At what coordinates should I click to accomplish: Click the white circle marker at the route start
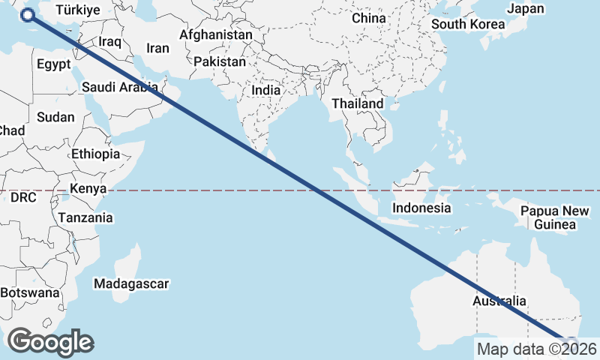(x=28, y=15)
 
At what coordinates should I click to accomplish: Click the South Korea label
(x=468, y=24)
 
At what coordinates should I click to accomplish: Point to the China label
(x=368, y=17)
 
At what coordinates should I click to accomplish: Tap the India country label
(x=265, y=90)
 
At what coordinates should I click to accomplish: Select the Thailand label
(x=358, y=103)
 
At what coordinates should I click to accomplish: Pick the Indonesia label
(x=422, y=208)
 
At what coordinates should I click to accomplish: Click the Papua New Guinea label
(x=554, y=217)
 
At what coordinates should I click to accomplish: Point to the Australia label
(x=496, y=301)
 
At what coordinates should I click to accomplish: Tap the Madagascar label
(x=131, y=283)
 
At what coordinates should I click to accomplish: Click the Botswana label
(x=29, y=292)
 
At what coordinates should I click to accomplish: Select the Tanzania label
(x=85, y=217)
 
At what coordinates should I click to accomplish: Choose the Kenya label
(x=88, y=188)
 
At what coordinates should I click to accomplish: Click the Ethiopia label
(x=95, y=154)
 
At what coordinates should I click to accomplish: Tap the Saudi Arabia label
(x=120, y=87)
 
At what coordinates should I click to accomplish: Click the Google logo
(x=50, y=342)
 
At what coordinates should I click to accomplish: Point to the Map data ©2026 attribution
(x=537, y=349)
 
